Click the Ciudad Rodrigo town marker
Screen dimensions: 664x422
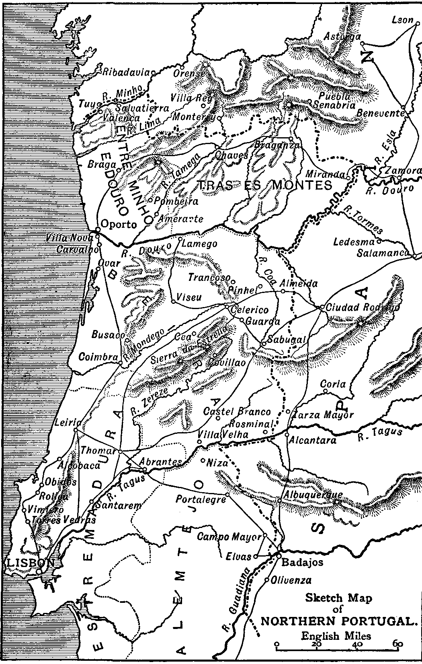321,307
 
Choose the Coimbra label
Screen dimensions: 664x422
98,357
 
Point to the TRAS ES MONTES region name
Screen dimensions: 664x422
265,185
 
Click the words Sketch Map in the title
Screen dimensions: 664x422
338,598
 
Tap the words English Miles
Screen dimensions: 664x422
336,636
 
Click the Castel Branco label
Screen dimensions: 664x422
237,412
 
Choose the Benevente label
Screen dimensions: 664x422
380,113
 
